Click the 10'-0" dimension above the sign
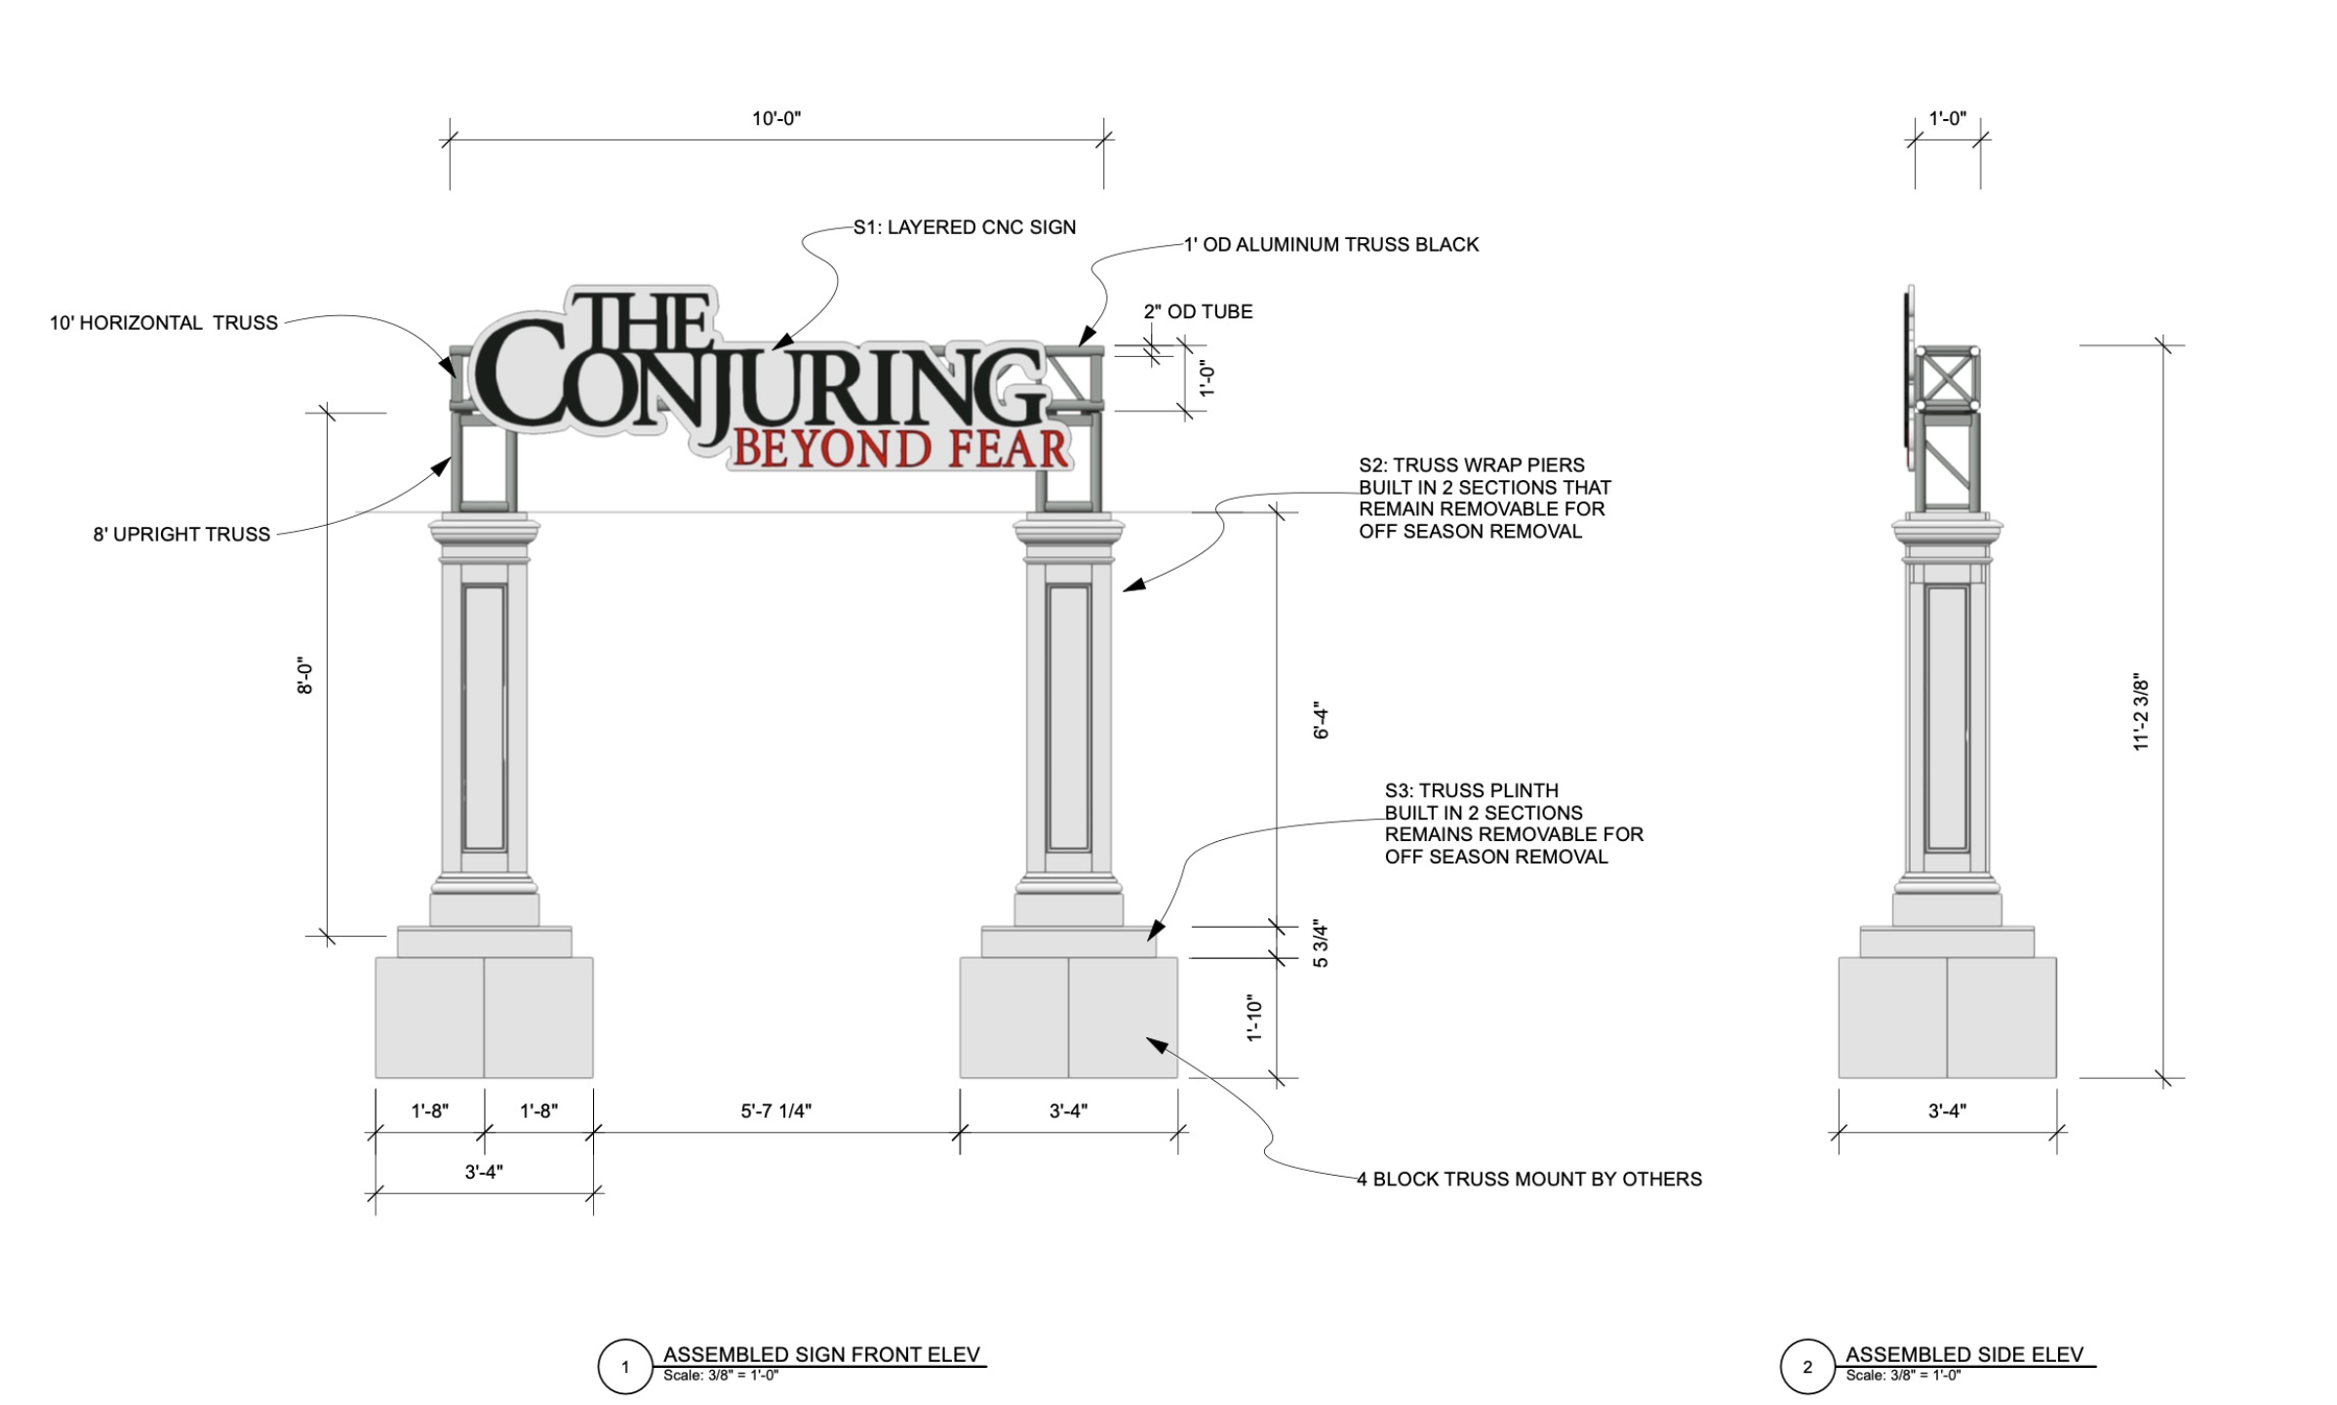click(x=775, y=119)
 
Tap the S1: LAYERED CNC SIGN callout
click(x=964, y=227)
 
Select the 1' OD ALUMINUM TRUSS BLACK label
click(x=1330, y=245)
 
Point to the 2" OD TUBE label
click(x=1198, y=312)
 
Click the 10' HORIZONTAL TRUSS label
click(x=164, y=323)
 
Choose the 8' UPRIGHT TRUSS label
click(x=181, y=535)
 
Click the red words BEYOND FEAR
click(x=900, y=450)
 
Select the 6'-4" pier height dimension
click(x=1322, y=720)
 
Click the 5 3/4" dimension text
click(x=1321, y=943)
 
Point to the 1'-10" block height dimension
click(x=1255, y=1019)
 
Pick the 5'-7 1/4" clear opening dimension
click(x=775, y=1110)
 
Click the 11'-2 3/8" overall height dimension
click(x=2141, y=711)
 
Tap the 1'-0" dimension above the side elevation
click(x=1947, y=119)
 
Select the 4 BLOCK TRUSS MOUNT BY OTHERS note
click(x=1528, y=1179)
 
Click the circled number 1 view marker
click(x=625, y=1367)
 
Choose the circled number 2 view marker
click(x=1806, y=1367)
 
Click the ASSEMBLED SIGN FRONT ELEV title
click(x=820, y=1354)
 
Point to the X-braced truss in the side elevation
click(x=1947, y=379)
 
